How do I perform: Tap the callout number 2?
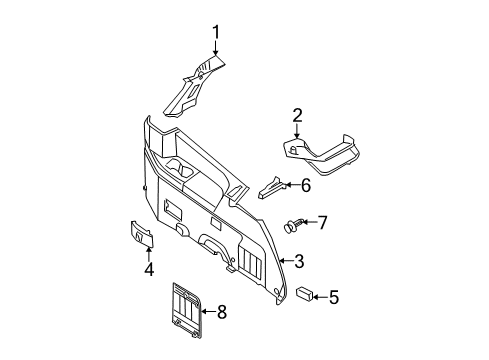click(x=296, y=116)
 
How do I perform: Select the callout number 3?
click(x=298, y=262)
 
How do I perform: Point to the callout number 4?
click(x=148, y=269)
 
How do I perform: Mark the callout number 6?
click(x=305, y=185)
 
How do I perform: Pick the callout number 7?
click(x=322, y=222)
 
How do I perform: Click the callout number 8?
click(x=222, y=313)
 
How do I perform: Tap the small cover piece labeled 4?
click(x=142, y=233)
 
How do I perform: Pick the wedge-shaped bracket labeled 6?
click(x=272, y=188)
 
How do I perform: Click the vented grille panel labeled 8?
click(x=183, y=307)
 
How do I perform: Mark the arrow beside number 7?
click(x=310, y=223)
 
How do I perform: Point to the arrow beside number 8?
click(x=207, y=313)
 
